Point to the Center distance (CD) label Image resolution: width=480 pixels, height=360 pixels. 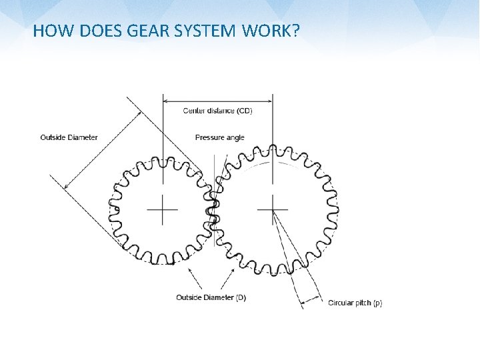(x=217, y=111)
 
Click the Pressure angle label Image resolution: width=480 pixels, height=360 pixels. (x=219, y=137)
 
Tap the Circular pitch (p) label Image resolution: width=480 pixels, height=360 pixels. (x=355, y=303)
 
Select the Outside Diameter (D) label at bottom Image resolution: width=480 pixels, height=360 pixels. (x=211, y=297)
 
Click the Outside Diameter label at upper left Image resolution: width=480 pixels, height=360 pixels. (x=69, y=137)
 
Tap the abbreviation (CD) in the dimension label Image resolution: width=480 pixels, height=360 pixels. (x=245, y=111)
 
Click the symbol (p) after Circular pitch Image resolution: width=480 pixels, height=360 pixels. (x=377, y=303)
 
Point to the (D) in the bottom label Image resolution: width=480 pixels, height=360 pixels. (x=241, y=297)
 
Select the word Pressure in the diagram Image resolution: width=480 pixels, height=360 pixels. (x=209, y=137)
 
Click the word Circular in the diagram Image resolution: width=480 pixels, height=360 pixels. (x=341, y=303)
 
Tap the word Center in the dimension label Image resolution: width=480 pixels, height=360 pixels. (x=193, y=111)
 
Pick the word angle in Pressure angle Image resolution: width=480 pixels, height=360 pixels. (x=234, y=138)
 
